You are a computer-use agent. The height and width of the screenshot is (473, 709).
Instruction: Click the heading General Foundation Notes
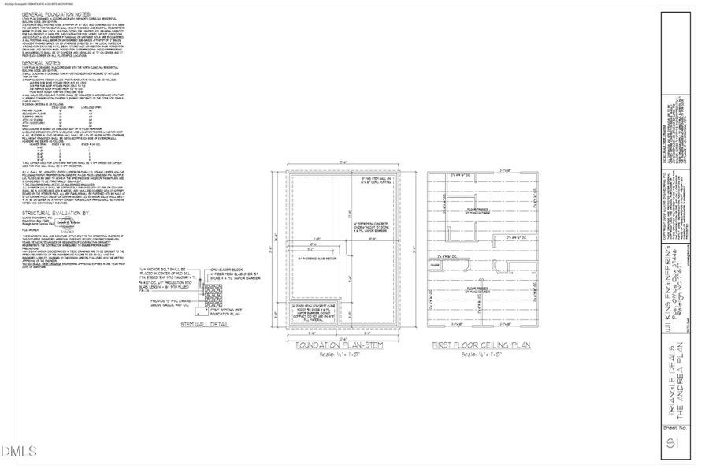tap(56, 15)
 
